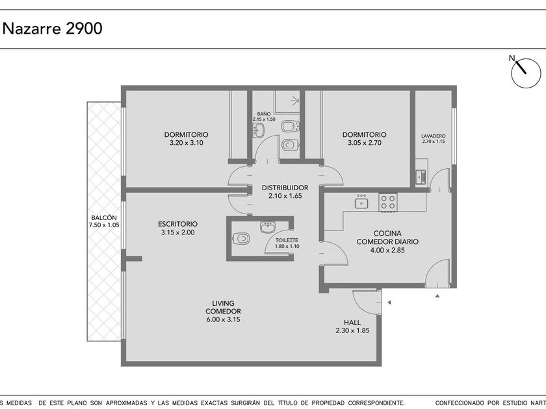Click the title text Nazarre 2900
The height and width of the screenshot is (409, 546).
[x=53, y=28]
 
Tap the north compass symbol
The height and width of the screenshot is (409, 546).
[x=525, y=73]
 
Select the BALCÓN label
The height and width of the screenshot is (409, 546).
[x=104, y=217]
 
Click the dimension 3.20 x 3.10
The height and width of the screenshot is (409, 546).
[x=187, y=143]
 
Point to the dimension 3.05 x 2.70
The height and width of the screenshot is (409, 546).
[x=364, y=143]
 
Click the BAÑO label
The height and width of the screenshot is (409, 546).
[x=264, y=114]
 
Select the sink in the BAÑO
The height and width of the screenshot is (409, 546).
[x=259, y=130]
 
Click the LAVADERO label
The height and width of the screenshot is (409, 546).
[x=434, y=136]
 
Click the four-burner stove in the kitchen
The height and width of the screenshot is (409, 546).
[x=388, y=202]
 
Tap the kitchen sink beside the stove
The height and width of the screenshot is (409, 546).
[x=361, y=203]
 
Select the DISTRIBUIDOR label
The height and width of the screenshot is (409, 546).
[x=285, y=188]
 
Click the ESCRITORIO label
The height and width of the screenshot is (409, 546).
[x=177, y=224]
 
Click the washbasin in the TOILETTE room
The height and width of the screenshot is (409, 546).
[x=268, y=228]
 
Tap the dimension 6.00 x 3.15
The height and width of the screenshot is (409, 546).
[x=223, y=319]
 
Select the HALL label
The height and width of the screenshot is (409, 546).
[x=352, y=323]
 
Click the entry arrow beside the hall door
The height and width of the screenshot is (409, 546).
[x=389, y=303]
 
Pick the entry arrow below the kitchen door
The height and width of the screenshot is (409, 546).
[x=437, y=296]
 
